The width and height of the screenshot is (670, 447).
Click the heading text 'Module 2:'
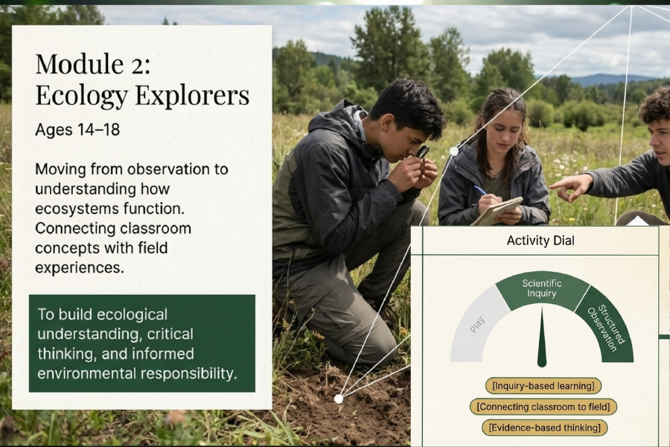click(93, 64)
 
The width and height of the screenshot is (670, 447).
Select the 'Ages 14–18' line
click(77, 129)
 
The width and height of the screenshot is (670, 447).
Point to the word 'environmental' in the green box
click(87, 373)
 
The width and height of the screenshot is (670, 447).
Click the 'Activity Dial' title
click(540, 241)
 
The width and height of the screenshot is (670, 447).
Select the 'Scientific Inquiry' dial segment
click(542, 290)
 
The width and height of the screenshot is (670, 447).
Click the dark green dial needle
click(542, 338)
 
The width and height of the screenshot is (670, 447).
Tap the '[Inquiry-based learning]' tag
click(543, 386)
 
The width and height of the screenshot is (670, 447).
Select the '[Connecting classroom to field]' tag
click(543, 406)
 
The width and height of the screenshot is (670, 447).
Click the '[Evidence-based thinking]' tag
click(544, 428)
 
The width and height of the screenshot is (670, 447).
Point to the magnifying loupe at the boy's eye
click(423, 152)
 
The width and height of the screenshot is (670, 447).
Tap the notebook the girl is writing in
click(498, 211)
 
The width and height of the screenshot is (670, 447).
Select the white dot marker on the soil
click(339, 399)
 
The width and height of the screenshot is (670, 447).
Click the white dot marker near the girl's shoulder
click(454, 151)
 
